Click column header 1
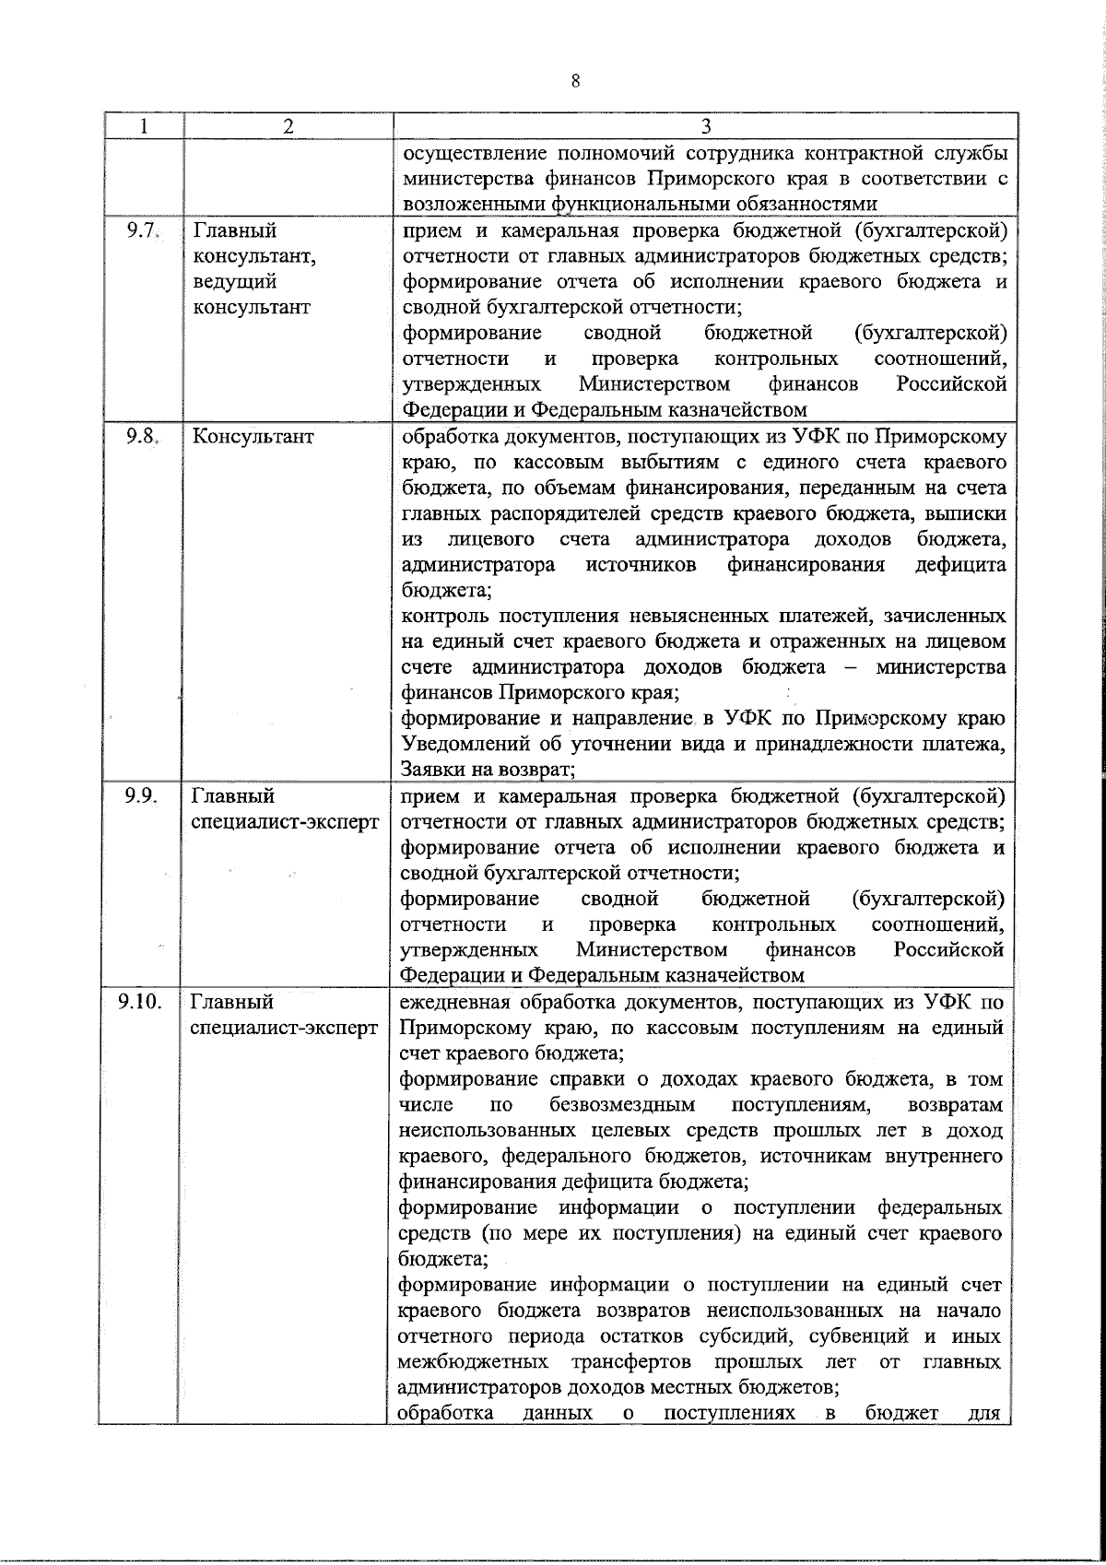click(x=143, y=126)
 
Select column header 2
click(x=288, y=126)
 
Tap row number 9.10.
click(x=140, y=1000)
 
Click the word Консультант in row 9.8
click(x=253, y=437)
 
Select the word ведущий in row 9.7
click(x=235, y=282)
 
